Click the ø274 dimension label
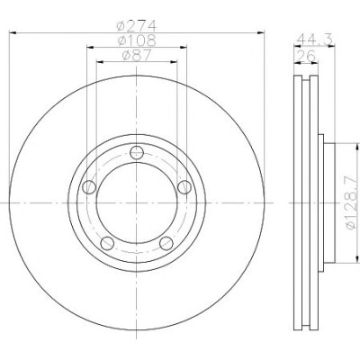[137, 26]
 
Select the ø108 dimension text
[137, 40]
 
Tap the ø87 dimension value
[137, 55]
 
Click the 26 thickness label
[306, 56]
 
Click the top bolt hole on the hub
[137, 152]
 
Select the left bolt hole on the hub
[89, 187]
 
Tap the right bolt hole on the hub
[184, 187]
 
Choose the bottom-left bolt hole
[107, 243]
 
